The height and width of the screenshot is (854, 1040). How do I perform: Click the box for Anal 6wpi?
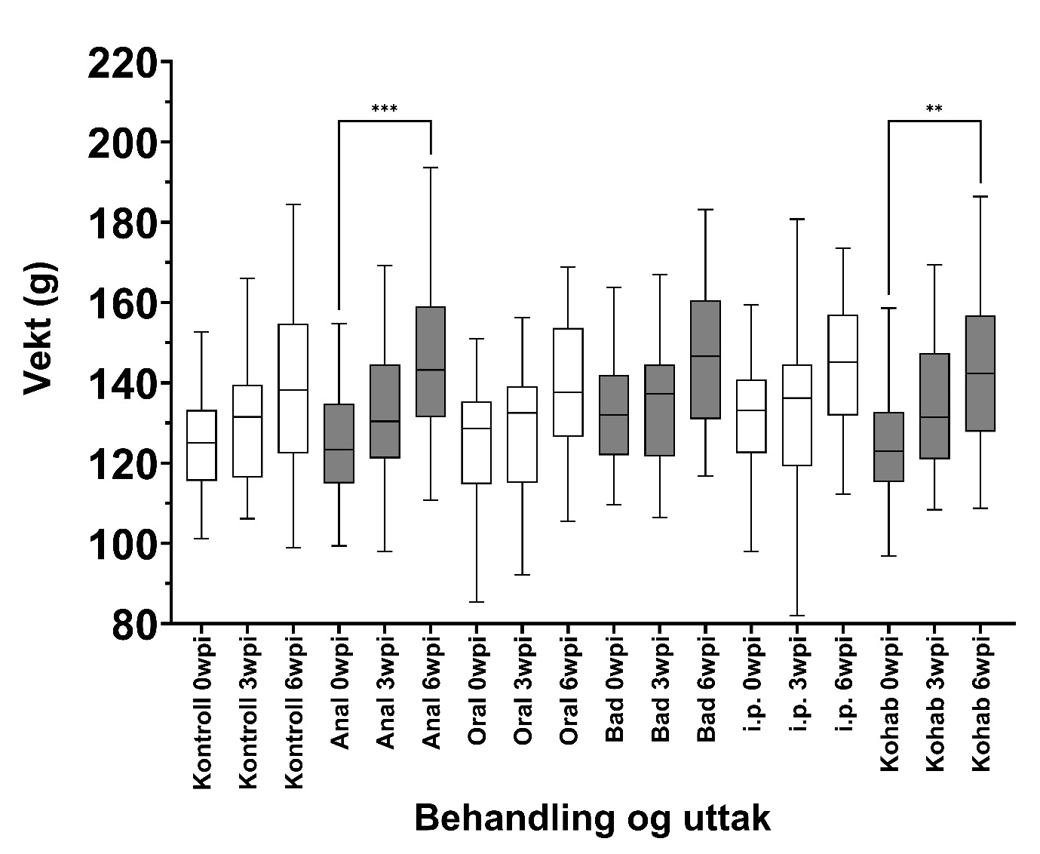click(x=431, y=361)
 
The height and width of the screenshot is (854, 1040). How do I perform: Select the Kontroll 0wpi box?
click(x=201, y=445)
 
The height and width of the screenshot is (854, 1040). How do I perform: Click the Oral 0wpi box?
click(x=477, y=442)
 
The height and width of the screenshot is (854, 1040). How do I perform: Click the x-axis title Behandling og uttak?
click(x=592, y=819)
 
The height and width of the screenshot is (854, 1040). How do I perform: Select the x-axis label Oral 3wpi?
click(x=523, y=694)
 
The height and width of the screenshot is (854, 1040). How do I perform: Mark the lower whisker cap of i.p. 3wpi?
click(x=798, y=616)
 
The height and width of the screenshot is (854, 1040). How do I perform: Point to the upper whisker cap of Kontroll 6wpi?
click(x=293, y=204)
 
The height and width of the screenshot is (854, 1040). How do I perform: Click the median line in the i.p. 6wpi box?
click(x=843, y=362)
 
